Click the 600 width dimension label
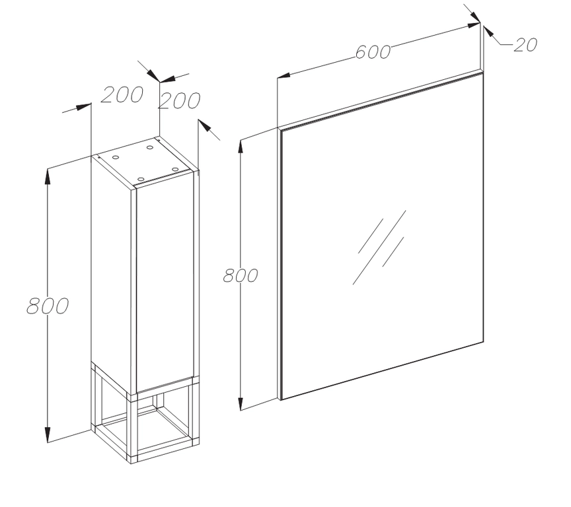373,52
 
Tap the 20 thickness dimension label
525,45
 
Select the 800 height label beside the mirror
241,275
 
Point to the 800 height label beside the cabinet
48,306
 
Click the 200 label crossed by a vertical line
179,101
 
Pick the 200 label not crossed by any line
122,94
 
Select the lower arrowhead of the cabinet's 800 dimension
48,435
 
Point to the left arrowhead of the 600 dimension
284,76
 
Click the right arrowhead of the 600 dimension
474,25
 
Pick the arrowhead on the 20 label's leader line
488,31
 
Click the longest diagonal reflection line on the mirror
379,248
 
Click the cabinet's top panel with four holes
145,162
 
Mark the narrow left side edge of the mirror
280,264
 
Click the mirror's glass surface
383,236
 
